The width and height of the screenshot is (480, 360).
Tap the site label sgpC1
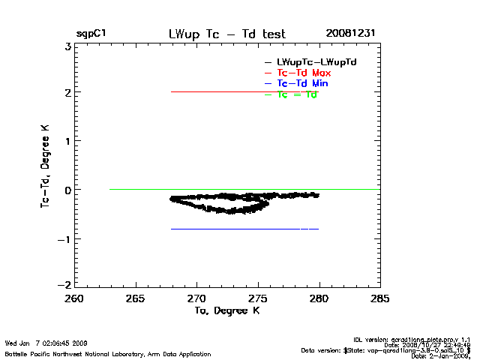(90, 34)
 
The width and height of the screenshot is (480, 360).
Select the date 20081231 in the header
(350, 34)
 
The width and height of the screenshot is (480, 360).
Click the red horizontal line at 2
(225, 91)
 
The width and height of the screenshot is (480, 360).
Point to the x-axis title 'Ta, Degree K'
(226, 310)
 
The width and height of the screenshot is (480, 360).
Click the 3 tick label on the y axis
(67, 46)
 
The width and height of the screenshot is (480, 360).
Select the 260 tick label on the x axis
(75, 298)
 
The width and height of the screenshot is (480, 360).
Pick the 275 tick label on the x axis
(258, 298)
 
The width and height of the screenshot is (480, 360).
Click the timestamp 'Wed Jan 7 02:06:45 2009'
(46, 343)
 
